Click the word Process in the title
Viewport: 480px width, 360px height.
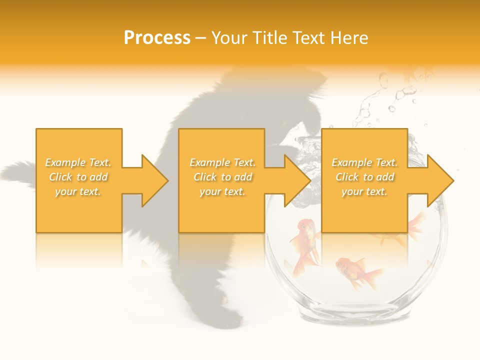(x=157, y=38)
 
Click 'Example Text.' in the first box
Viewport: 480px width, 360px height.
(x=78, y=162)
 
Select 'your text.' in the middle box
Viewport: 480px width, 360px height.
(x=222, y=191)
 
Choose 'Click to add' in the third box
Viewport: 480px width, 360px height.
(x=365, y=177)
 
